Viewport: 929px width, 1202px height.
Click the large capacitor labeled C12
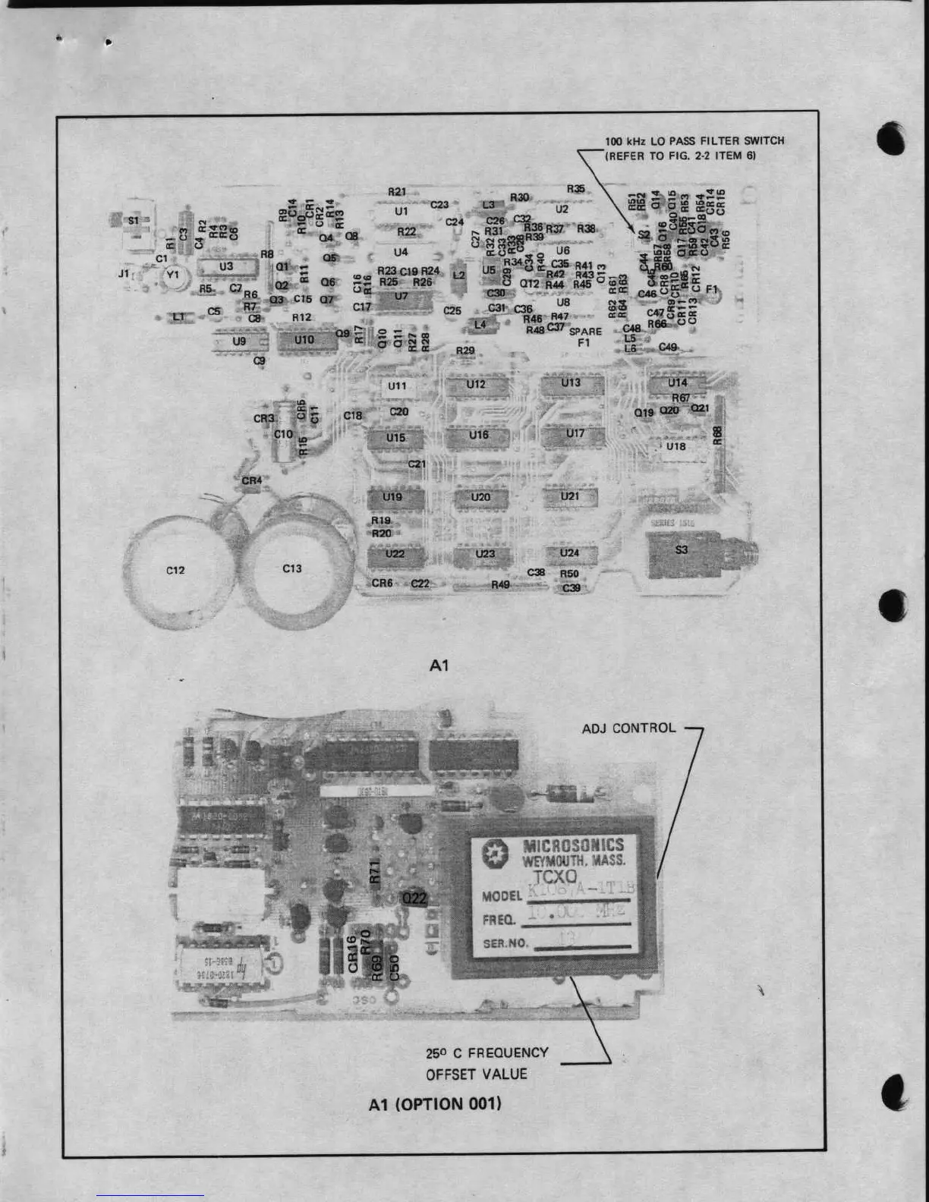175,570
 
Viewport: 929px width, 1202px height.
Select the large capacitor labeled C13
292,568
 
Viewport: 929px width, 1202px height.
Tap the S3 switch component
681,549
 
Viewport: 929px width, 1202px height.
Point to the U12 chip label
476,385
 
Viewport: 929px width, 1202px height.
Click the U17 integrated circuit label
575,433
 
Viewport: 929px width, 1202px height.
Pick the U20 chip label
480,498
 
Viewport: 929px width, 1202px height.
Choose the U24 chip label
569,553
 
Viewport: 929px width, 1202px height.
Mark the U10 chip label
304,340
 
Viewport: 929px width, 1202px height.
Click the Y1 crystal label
173,275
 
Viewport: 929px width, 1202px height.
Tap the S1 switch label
134,221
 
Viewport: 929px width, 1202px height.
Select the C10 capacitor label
283,434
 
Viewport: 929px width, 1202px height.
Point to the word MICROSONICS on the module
573,846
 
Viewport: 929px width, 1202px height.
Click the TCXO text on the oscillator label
560,877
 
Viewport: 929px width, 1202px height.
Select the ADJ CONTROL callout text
628,728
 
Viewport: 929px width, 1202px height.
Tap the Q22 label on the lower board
415,898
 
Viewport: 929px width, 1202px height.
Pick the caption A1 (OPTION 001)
435,1103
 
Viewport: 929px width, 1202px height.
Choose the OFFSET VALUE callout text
476,1075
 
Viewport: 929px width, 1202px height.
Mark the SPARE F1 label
585,337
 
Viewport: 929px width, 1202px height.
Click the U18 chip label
675,446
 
